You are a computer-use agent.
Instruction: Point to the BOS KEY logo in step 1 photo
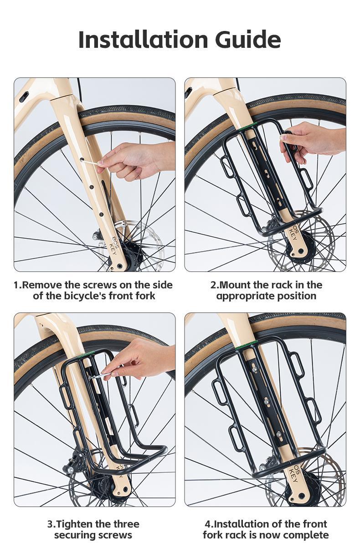point(114,246)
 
